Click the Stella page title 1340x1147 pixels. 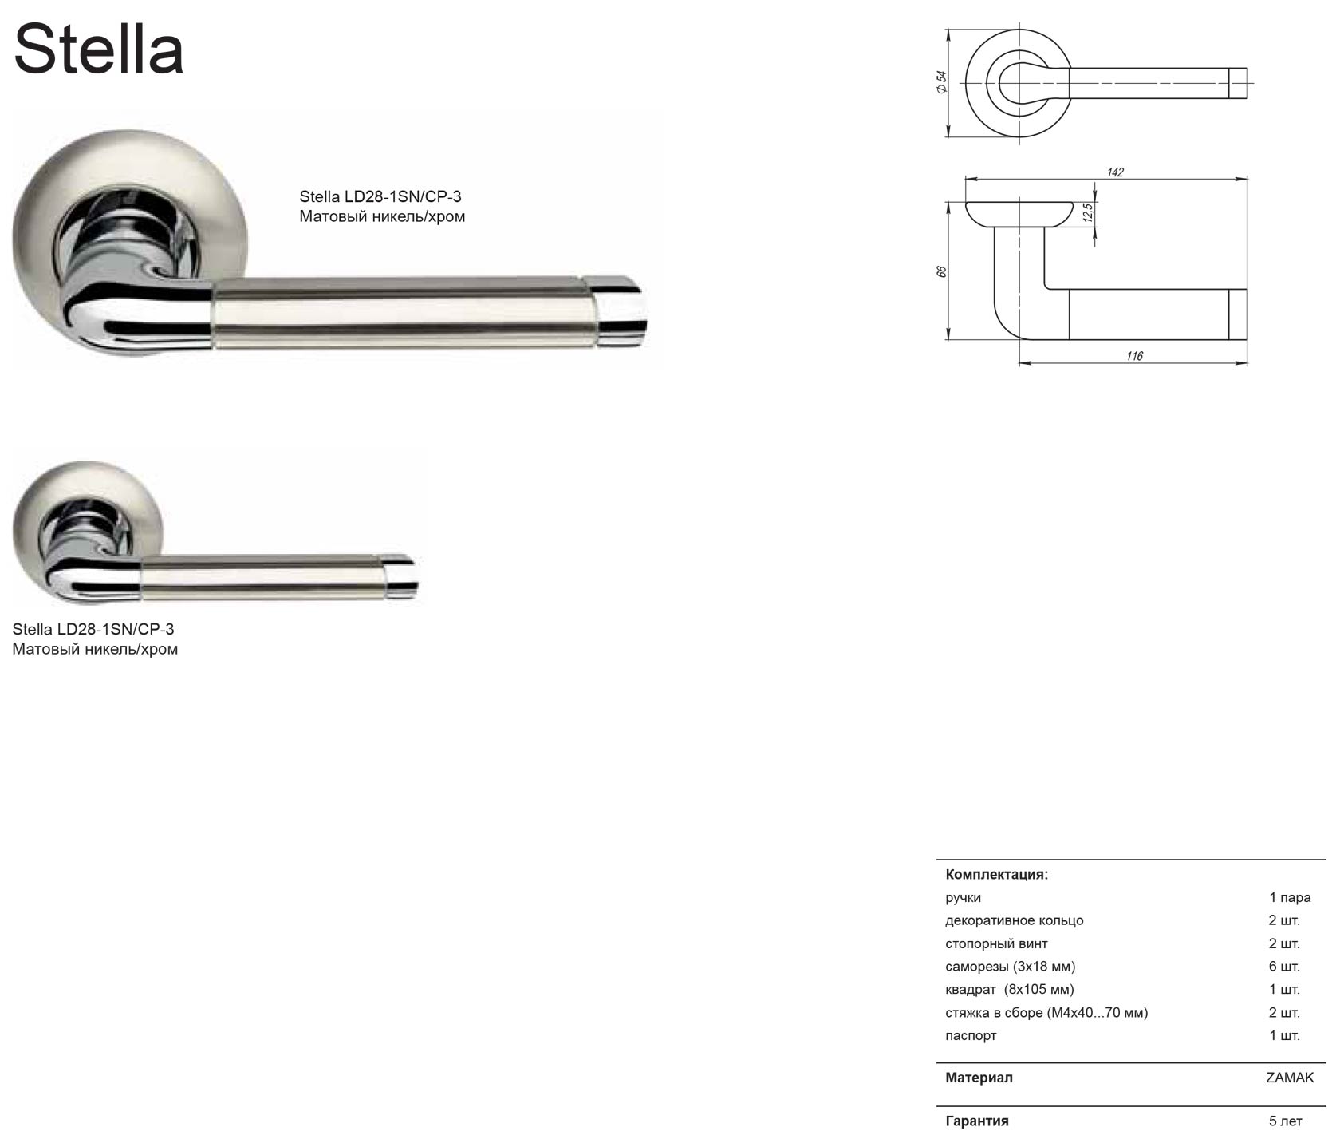pyautogui.click(x=99, y=49)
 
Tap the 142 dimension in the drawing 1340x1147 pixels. pyautogui.click(x=1115, y=172)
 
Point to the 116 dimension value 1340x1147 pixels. pyautogui.click(x=1134, y=356)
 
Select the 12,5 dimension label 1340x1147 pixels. pyautogui.click(x=1087, y=212)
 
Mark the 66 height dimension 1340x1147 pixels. pyautogui.click(x=941, y=271)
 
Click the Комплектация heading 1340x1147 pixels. pyautogui.click(x=996, y=874)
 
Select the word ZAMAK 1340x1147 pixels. pyautogui.click(x=1290, y=1078)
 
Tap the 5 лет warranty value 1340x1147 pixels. pyautogui.click(x=1285, y=1121)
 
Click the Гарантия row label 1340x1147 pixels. pyautogui.click(x=977, y=1121)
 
